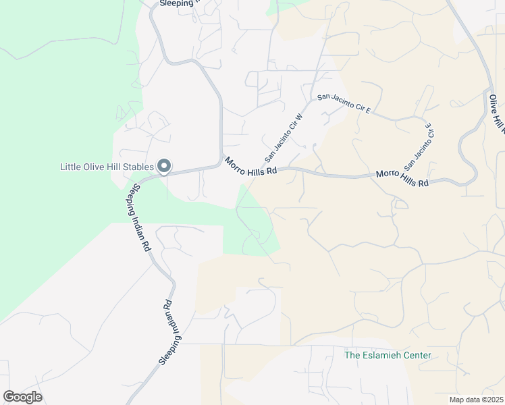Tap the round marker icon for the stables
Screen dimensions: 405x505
[x=164, y=166]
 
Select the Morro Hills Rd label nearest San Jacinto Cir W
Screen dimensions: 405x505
[x=251, y=166]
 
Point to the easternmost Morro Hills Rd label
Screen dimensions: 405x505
[x=402, y=179]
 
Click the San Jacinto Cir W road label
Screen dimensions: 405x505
[x=284, y=138]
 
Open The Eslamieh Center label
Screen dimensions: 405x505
[x=388, y=355]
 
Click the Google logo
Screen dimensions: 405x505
[x=22, y=397]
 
